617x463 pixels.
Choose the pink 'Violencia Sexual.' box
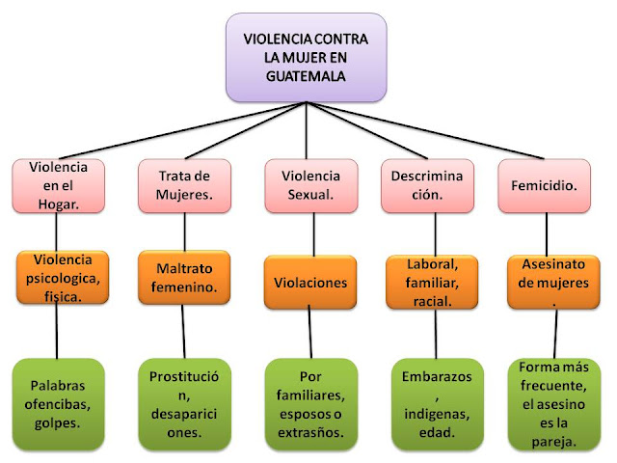(310, 184)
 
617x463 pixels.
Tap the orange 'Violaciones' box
(310, 285)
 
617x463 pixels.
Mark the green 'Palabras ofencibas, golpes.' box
(63, 403)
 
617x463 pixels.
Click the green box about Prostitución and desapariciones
(183, 403)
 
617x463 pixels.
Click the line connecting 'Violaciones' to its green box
(310, 334)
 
